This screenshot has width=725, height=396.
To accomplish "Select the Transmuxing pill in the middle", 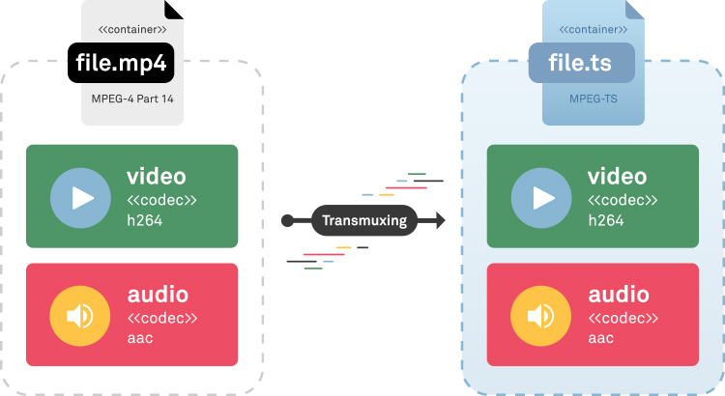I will (363, 221).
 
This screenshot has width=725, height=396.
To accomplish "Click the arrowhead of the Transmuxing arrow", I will (439, 221).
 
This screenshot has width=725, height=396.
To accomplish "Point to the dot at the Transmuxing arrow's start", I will (287, 221).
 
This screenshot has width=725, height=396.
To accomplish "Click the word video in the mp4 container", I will (156, 177).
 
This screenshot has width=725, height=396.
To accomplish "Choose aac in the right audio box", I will (601, 338).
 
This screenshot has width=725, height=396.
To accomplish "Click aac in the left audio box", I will (140, 338).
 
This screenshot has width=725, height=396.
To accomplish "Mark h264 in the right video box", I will (605, 220).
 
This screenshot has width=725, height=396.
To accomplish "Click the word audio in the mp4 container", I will (157, 295).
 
